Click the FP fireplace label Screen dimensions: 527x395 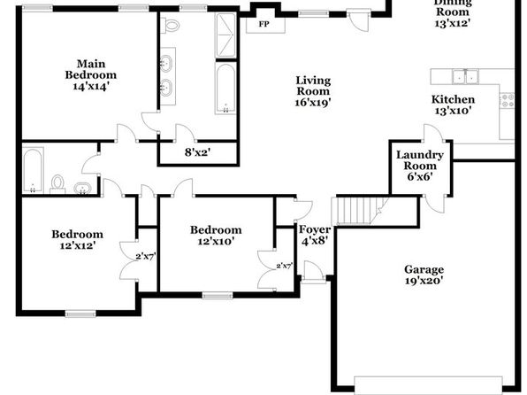(263, 24)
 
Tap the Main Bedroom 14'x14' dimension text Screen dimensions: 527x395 (91, 87)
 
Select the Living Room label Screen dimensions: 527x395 (313, 86)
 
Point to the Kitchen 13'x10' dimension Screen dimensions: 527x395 (453, 111)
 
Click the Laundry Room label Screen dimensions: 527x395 (420, 160)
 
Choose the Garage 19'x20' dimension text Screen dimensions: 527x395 (424, 281)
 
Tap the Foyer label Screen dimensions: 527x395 (315, 229)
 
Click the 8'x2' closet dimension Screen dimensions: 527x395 (198, 152)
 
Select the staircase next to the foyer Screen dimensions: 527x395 (360, 211)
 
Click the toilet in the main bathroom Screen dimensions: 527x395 (172, 26)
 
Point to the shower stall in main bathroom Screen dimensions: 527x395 (225, 35)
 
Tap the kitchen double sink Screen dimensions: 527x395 (465, 76)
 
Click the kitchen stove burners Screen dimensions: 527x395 (507, 100)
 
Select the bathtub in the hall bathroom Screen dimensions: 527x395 (33, 170)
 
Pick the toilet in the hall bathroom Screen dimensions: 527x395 (57, 184)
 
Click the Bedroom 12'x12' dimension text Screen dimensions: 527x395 (77, 245)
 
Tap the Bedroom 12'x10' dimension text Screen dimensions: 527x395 (216, 241)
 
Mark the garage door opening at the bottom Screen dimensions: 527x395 (429, 384)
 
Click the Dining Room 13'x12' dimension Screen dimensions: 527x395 (452, 23)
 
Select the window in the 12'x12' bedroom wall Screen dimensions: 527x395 (80, 314)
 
